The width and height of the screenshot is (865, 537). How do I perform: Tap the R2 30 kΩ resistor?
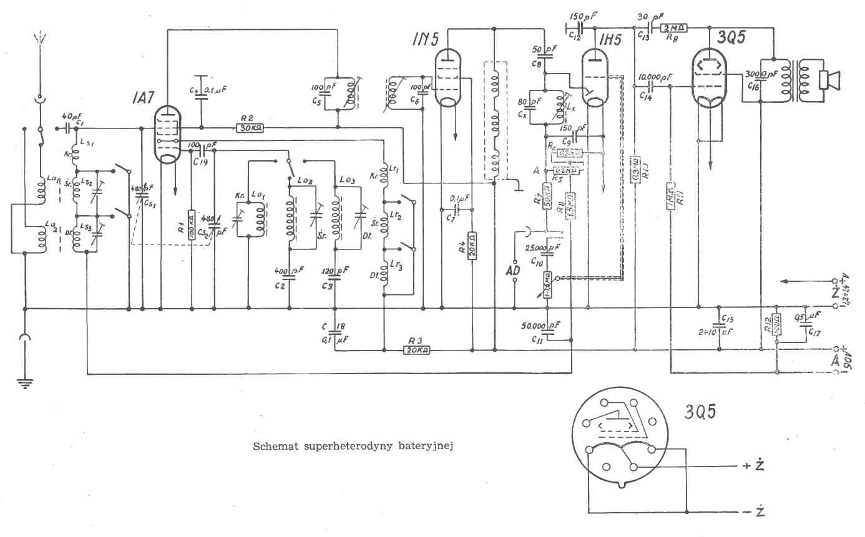(250, 128)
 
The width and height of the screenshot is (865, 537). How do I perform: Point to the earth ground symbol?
(25, 382)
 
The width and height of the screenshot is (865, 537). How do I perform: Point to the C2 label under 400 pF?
(279, 285)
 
